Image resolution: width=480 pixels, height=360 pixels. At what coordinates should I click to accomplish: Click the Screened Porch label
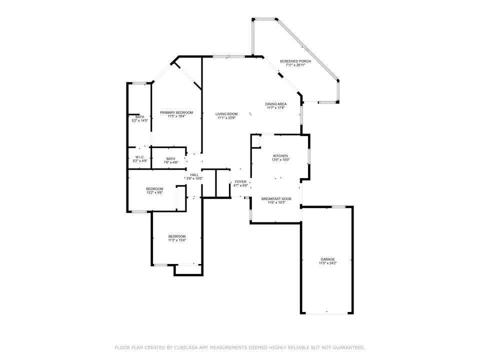click(x=295, y=61)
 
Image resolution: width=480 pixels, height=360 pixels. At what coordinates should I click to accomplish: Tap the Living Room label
click(x=226, y=114)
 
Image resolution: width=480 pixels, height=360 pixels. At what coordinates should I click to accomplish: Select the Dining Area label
click(x=276, y=104)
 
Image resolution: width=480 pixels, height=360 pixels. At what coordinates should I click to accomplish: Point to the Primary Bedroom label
click(x=176, y=112)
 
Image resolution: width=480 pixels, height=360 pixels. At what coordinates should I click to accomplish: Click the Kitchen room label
click(x=280, y=156)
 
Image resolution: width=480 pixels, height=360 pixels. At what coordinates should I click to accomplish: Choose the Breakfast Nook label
click(x=276, y=199)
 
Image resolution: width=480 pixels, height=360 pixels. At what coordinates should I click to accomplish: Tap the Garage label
click(x=327, y=259)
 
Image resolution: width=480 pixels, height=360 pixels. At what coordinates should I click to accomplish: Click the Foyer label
click(x=240, y=182)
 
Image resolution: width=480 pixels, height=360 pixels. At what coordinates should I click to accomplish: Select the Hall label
click(x=194, y=175)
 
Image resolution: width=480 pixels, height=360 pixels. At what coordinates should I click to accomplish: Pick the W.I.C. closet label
click(x=140, y=157)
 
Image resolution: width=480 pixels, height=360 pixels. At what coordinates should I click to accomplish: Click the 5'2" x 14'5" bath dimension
click(x=140, y=120)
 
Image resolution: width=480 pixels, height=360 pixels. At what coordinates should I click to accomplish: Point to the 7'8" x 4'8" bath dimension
click(x=171, y=162)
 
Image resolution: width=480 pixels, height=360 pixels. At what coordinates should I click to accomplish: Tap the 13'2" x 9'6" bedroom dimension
click(x=154, y=192)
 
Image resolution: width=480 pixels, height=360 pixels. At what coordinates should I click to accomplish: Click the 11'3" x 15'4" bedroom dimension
click(x=177, y=240)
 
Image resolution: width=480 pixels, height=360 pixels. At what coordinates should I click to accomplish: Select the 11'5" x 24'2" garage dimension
click(x=327, y=263)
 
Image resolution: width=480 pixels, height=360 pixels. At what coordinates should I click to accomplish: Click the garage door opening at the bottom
click(x=326, y=313)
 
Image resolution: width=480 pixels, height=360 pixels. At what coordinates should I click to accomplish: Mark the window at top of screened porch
click(x=265, y=19)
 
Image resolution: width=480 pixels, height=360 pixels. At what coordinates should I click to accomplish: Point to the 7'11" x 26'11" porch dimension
click(x=295, y=65)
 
